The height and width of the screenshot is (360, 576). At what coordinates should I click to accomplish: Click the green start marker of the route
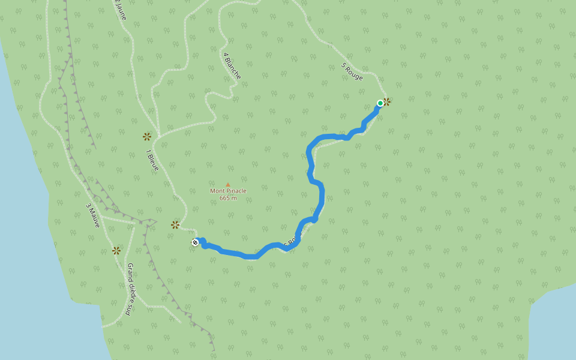pos(380,103)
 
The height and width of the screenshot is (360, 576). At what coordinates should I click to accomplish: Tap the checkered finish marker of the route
pos(195,242)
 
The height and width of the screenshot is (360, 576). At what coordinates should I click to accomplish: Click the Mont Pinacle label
pos(228,191)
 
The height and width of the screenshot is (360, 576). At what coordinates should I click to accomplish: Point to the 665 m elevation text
pos(228,198)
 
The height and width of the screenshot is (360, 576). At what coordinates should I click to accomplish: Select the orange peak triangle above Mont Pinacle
pos(228,184)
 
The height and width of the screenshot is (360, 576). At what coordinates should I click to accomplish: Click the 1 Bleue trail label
pos(152,160)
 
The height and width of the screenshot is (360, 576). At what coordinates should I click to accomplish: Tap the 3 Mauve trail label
pos(92,215)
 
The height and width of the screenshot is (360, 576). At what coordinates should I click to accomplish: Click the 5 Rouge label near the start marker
pos(352,72)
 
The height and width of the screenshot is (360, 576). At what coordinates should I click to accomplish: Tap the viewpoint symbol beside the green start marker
pos(387,102)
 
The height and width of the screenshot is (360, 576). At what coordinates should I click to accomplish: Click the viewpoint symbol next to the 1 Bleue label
pos(147,136)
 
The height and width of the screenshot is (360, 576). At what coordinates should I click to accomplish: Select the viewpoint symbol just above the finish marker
pos(175,225)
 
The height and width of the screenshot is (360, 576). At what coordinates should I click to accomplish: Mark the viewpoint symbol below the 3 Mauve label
pos(116,250)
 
